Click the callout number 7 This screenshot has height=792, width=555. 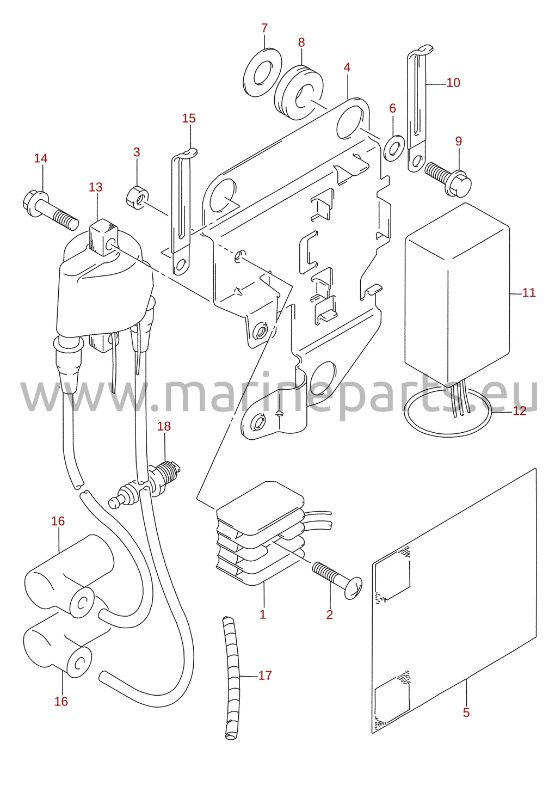point(264,28)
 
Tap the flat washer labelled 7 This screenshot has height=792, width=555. point(263,72)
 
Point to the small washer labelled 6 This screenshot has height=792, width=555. point(394,148)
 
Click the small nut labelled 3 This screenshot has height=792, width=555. point(138,197)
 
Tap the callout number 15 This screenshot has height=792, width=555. point(189,118)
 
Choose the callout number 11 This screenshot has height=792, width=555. point(529,293)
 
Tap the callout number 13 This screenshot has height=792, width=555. point(95,187)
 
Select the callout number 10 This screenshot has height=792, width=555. point(453,83)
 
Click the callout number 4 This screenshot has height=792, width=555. point(347,67)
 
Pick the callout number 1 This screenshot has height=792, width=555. point(263,615)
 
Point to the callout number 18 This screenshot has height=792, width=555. point(164,426)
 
